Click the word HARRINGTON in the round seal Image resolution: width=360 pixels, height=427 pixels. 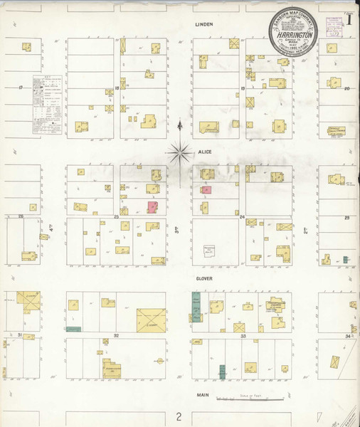point(292,34)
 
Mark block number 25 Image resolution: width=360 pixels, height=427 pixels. point(116,216)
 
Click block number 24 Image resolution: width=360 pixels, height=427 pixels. point(242,216)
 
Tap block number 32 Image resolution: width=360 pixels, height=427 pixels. point(115,334)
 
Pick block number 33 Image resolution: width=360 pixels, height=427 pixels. point(243,334)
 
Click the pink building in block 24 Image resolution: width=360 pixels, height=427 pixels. point(206,190)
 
